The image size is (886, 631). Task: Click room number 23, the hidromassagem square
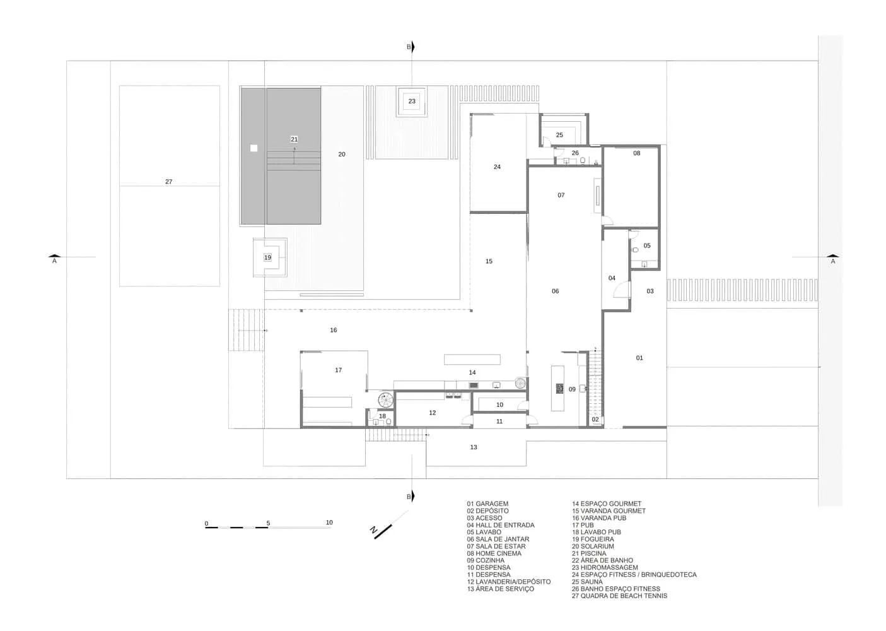(412, 101)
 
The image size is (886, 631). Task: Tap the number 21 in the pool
(294, 139)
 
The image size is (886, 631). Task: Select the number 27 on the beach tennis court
(168, 182)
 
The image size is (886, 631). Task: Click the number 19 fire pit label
(267, 257)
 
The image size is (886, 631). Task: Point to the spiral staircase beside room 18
(385, 400)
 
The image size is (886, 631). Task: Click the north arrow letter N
(374, 531)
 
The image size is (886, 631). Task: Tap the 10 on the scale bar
(329, 522)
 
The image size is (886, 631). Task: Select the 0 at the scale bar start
(206, 524)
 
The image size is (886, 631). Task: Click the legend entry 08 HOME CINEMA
(494, 553)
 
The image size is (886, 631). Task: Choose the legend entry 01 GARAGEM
(487, 504)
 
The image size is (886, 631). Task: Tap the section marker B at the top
(409, 47)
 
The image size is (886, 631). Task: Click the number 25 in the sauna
(559, 135)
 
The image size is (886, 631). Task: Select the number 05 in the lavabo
(647, 245)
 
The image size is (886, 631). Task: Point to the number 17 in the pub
(338, 370)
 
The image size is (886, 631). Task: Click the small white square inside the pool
(254, 148)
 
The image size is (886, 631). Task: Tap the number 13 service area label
(474, 447)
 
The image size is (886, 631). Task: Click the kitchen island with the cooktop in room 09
(558, 388)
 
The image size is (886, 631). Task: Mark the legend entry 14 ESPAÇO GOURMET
(607, 504)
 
